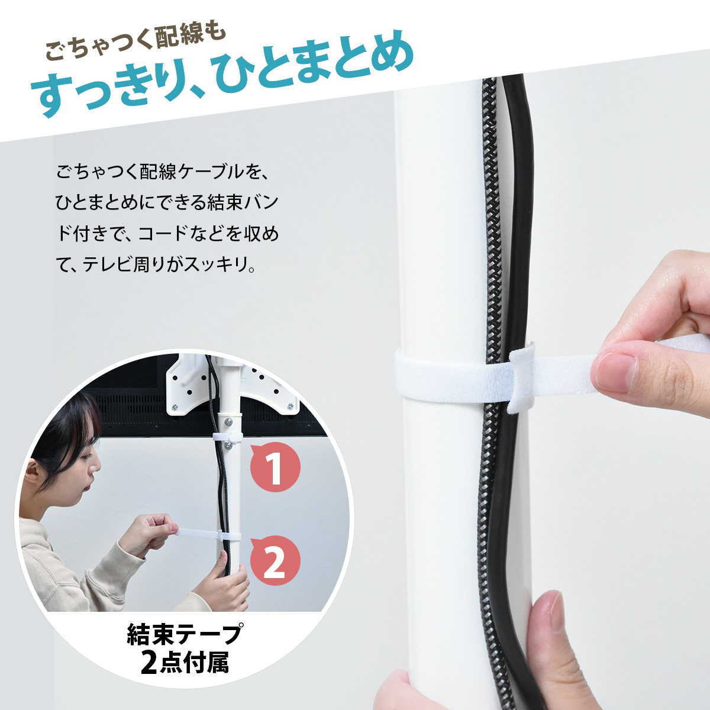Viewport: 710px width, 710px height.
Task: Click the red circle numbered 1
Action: [x=275, y=467]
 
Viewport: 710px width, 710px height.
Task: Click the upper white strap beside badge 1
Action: [x=227, y=437]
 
